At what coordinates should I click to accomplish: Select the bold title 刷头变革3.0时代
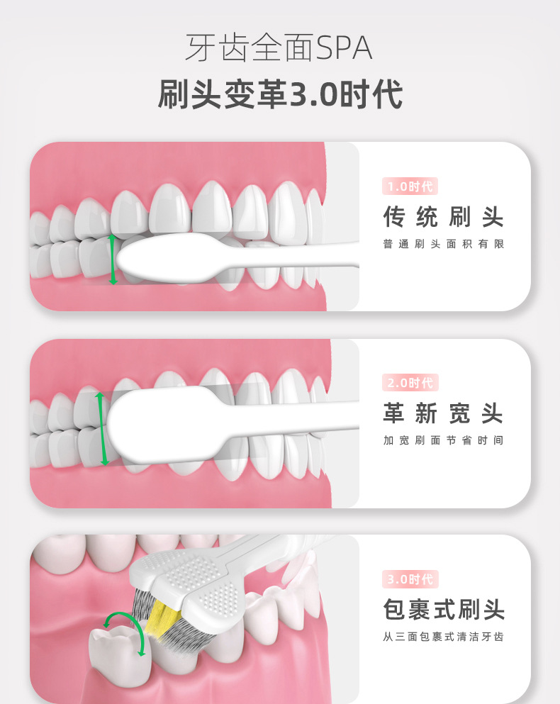(x=280, y=95)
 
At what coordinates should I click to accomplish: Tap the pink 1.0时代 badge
(x=410, y=187)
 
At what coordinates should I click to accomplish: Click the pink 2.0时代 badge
(x=410, y=383)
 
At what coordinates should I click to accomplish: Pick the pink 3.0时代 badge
(x=410, y=579)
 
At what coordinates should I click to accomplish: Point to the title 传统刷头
(x=443, y=217)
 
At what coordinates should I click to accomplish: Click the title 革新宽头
(x=443, y=413)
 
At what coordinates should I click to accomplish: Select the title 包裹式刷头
(x=443, y=610)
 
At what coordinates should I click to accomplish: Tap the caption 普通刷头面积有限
(x=443, y=244)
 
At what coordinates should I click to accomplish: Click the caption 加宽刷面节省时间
(x=443, y=440)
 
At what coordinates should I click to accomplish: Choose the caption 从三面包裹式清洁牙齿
(x=443, y=637)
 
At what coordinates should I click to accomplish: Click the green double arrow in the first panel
(x=112, y=260)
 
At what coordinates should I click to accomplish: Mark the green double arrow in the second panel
(x=102, y=428)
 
